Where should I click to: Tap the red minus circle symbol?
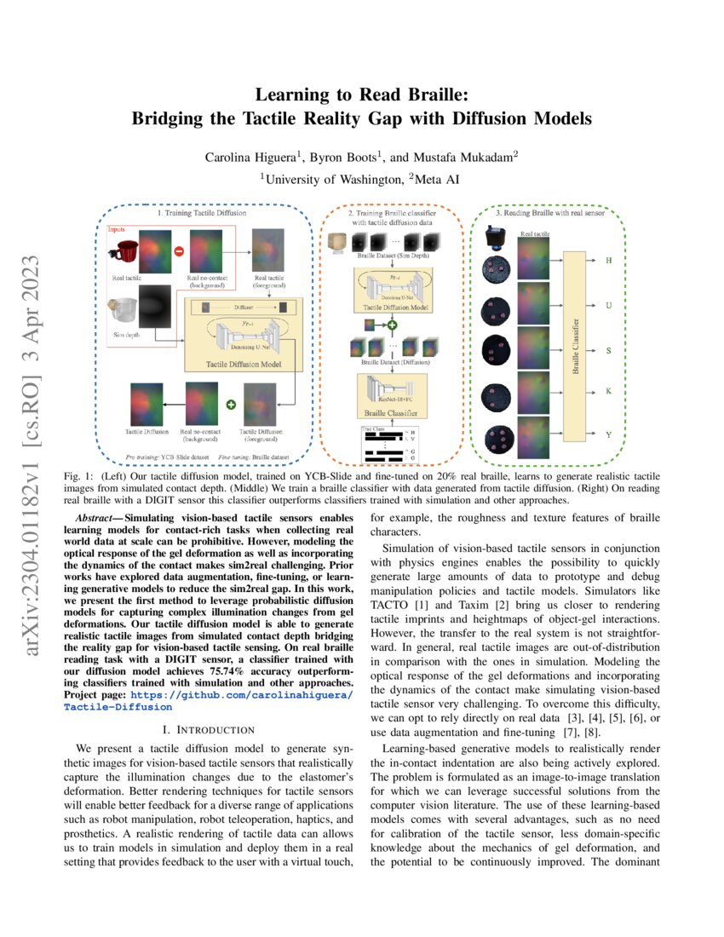point(180,252)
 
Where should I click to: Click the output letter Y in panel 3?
point(608,435)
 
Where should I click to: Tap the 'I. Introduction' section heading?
point(209,730)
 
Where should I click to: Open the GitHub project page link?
point(209,700)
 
